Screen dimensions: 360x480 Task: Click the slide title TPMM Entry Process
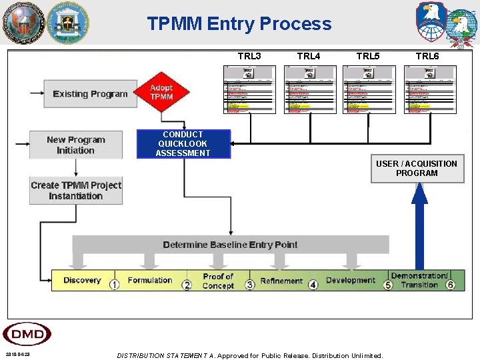pyautogui.click(x=239, y=24)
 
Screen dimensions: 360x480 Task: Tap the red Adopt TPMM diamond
pyautogui.click(x=161, y=93)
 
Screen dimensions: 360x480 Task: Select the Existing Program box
pyautogui.click(x=89, y=94)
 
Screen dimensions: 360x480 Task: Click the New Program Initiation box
pyautogui.click(x=76, y=145)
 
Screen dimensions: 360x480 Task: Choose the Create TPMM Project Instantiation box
pyautogui.click(x=76, y=191)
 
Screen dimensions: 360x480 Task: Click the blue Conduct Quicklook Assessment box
pyautogui.click(x=183, y=144)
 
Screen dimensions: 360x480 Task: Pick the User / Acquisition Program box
pyautogui.click(x=417, y=169)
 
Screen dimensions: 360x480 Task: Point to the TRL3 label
pyautogui.click(x=249, y=56)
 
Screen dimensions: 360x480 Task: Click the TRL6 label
pyautogui.click(x=427, y=56)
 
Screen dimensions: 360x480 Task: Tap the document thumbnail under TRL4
pyautogui.click(x=310, y=89)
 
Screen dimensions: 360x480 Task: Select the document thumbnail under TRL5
pyautogui.click(x=369, y=89)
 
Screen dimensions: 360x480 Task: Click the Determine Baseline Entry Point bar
pyautogui.click(x=230, y=245)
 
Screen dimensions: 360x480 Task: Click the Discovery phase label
pyautogui.click(x=82, y=281)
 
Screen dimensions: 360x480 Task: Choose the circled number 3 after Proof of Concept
pyautogui.click(x=250, y=285)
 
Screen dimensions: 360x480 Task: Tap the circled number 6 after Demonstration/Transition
pyautogui.click(x=451, y=285)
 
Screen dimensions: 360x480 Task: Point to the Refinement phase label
pyautogui.click(x=281, y=281)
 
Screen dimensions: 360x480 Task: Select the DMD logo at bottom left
pyautogui.click(x=27, y=334)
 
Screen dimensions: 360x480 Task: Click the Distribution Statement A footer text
pyautogui.click(x=250, y=355)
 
